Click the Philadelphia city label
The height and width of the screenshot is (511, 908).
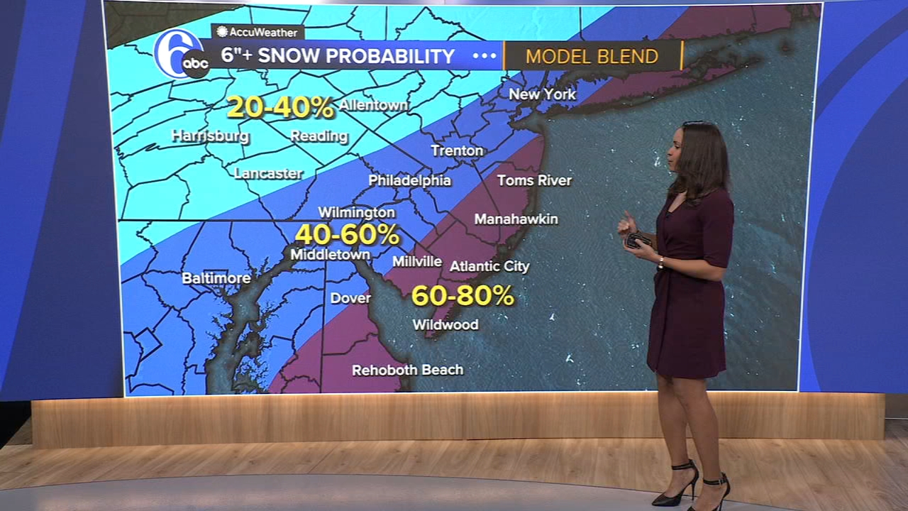click(x=409, y=180)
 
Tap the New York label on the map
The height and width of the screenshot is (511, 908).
click(x=542, y=94)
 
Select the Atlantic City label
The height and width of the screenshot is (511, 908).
click(x=489, y=266)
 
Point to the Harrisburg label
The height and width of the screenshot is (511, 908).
click(x=210, y=136)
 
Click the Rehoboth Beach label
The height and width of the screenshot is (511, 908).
click(x=407, y=370)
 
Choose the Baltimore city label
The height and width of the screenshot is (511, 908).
click(x=216, y=278)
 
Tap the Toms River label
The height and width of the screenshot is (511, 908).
click(x=534, y=180)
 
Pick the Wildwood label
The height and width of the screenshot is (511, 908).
click(x=445, y=324)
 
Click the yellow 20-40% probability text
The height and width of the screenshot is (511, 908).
click(x=280, y=108)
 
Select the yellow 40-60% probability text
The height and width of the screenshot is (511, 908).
click(x=348, y=235)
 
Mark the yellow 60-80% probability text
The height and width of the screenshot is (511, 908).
click(x=463, y=295)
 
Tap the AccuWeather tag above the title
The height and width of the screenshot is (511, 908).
click(x=258, y=32)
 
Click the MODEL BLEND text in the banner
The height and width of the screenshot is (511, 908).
click(x=592, y=57)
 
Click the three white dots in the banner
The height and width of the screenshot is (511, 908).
click(x=485, y=56)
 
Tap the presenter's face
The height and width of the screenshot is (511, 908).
click(x=677, y=153)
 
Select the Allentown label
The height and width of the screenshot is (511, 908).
click(x=373, y=105)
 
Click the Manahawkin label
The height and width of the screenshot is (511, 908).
click(x=516, y=219)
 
